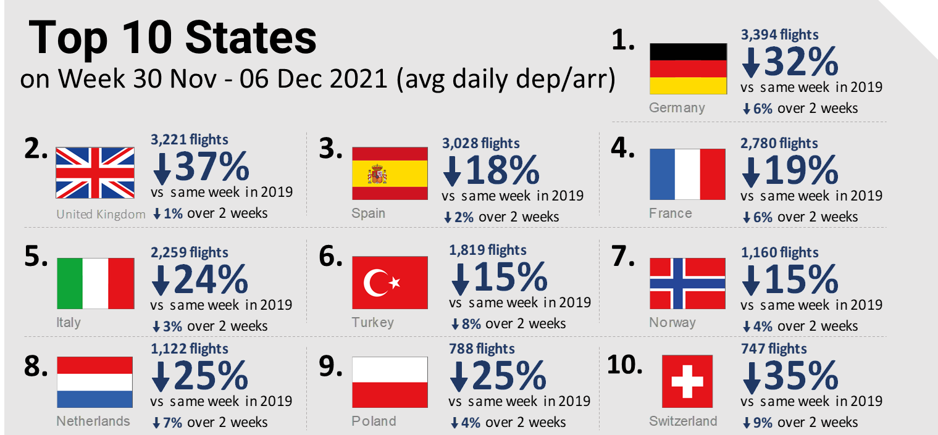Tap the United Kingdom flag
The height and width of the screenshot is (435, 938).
[x=95, y=173]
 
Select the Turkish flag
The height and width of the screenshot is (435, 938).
[x=390, y=283]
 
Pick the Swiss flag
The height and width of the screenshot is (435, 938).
[x=687, y=381]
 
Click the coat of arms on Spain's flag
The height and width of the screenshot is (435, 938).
[x=377, y=175]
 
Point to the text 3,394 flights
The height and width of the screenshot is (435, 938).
[x=779, y=35]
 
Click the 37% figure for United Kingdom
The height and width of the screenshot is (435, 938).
[x=212, y=167]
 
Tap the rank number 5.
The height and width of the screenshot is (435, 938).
[x=35, y=257]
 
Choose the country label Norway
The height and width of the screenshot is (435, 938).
[x=672, y=322]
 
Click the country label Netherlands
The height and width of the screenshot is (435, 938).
[x=93, y=421]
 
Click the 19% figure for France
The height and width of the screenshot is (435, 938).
[x=801, y=171]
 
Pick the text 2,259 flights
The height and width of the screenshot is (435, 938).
[x=190, y=252]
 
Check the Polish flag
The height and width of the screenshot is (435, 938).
[x=390, y=383]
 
